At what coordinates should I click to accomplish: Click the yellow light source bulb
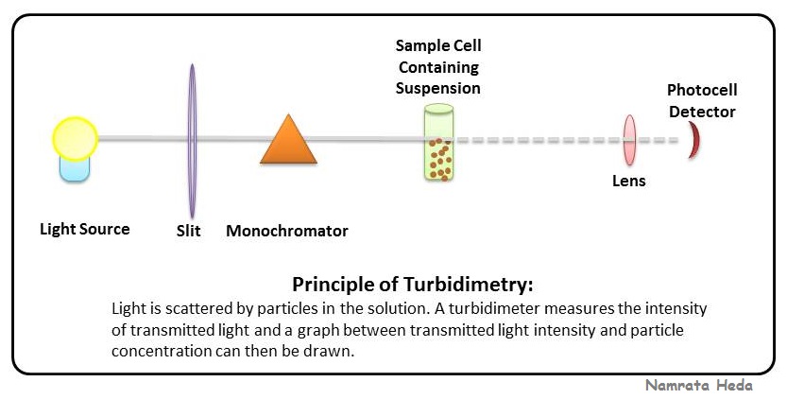coord(75,138)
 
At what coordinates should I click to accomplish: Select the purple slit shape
coord(192,140)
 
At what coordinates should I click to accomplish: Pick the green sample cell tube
coord(437,142)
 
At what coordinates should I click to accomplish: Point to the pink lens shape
coord(629,140)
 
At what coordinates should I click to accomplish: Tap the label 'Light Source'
coord(84,229)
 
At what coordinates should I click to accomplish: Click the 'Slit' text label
coord(189,231)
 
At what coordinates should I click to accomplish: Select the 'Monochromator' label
coord(287,231)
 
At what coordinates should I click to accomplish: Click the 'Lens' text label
coord(629,180)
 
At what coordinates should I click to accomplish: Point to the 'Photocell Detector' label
coord(701,101)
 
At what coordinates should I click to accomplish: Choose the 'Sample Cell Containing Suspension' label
coord(438,67)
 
